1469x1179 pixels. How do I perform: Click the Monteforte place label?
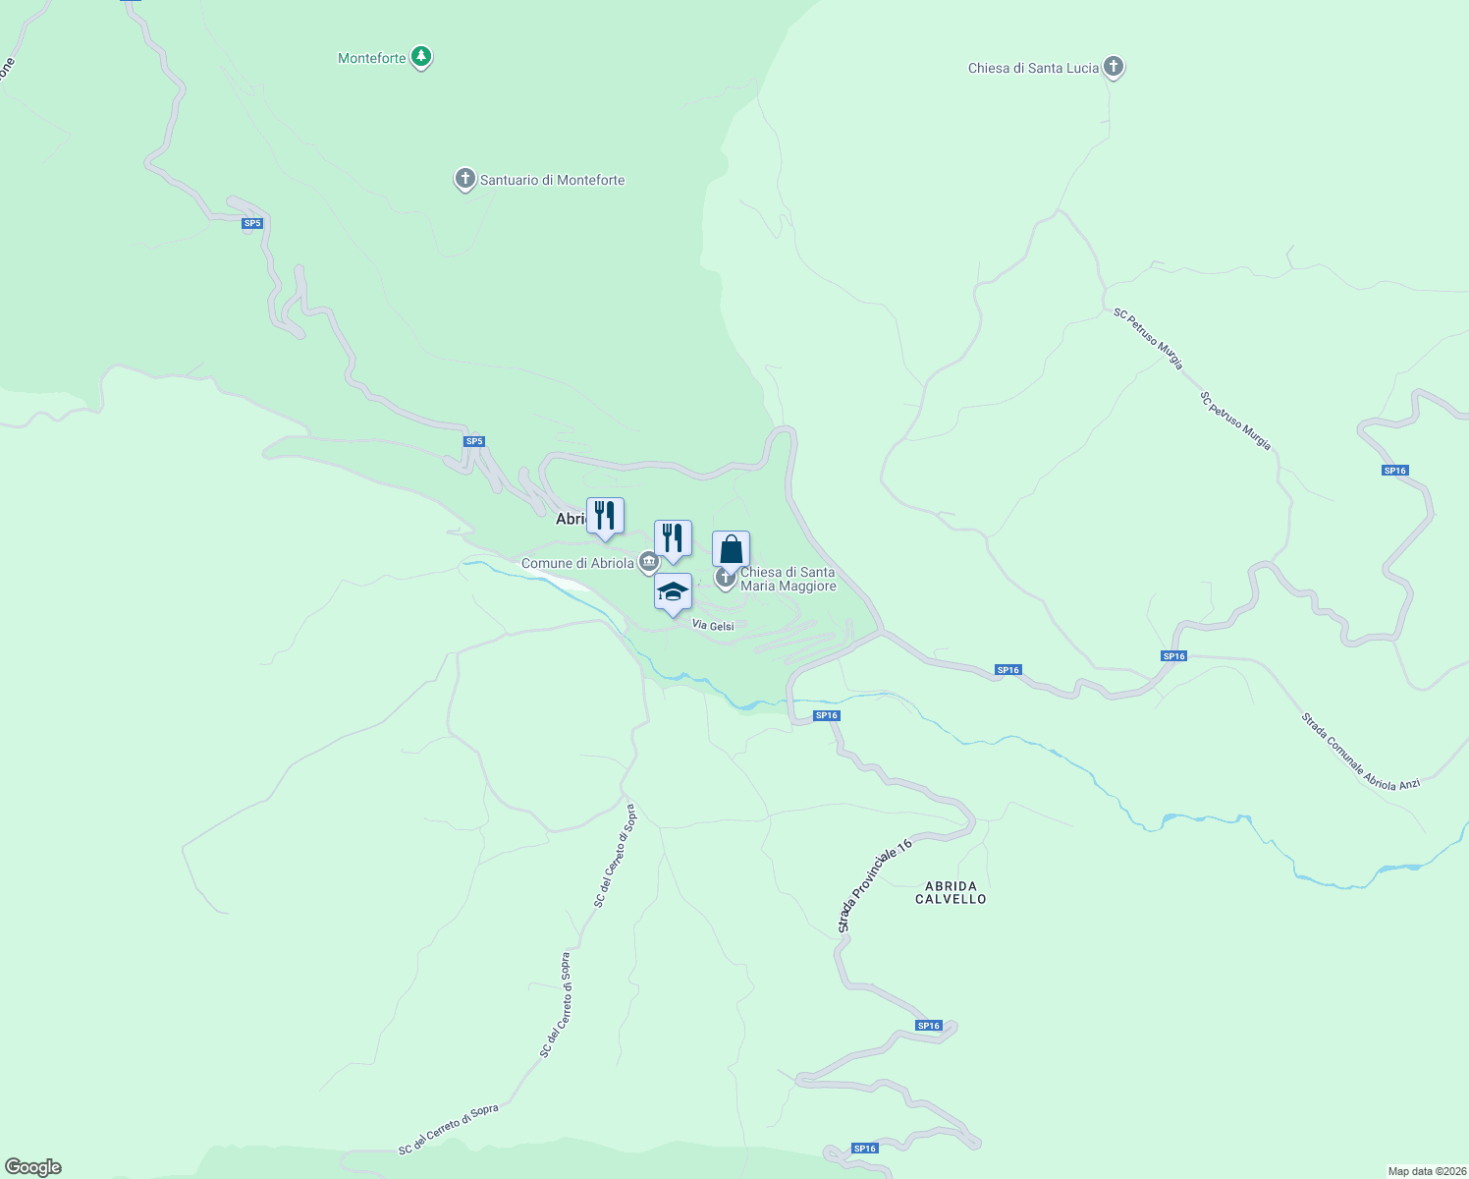click(371, 58)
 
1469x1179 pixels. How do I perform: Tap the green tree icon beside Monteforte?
click(421, 58)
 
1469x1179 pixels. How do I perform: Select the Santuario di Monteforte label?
click(552, 180)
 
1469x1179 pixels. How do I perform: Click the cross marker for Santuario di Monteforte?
click(464, 180)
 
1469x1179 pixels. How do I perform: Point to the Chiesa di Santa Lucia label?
click(1033, 68)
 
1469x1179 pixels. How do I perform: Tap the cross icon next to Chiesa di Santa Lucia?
click(1113, 67)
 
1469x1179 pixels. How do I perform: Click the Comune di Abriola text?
click(577, 563)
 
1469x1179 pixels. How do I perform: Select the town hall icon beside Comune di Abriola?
click(648, 562)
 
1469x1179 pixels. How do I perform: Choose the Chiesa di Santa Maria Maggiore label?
click(788, 579)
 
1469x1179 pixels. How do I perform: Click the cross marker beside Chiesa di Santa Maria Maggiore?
click(726, 578)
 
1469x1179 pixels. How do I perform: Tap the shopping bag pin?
click(731, 550)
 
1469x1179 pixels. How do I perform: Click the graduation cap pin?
click(673, 592)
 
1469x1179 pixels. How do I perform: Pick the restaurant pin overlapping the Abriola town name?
click(605, 517)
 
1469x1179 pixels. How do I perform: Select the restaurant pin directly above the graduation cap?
click(673, 539)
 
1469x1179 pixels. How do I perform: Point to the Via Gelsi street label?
click(713, 626)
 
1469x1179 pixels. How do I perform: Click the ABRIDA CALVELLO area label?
click(951, 892)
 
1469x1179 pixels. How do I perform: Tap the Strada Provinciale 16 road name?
click(876, 885)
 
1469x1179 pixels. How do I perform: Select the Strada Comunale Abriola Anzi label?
click(1360, 751)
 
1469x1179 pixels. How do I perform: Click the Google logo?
click(33, 1167)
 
